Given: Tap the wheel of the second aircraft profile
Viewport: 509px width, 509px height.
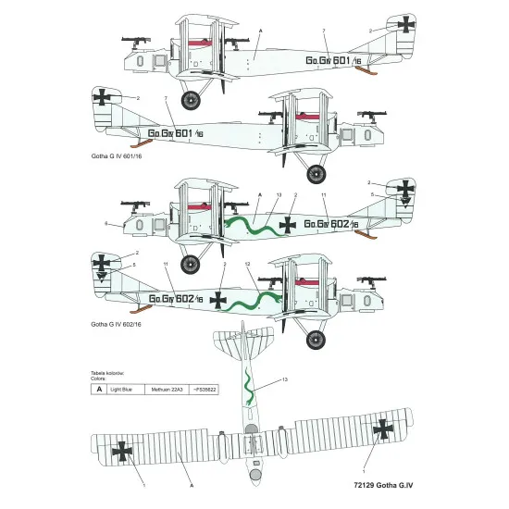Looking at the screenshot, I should (x=317, y=173).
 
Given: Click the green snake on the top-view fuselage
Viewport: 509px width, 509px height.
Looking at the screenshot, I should (x=248, y=384).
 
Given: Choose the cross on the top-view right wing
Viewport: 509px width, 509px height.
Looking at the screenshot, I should (x=382, y=428).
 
